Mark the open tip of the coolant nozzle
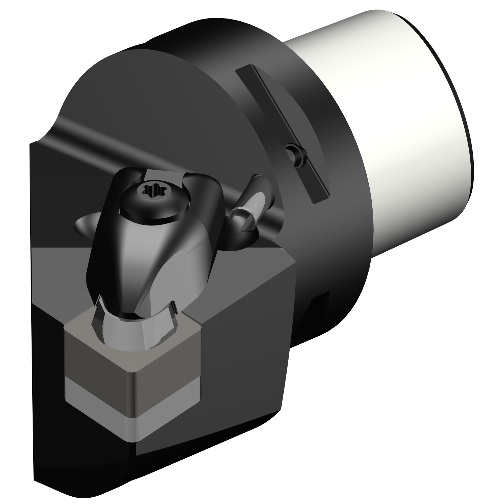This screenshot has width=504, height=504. coord(240,218)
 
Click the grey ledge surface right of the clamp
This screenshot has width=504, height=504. coord(235,272)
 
